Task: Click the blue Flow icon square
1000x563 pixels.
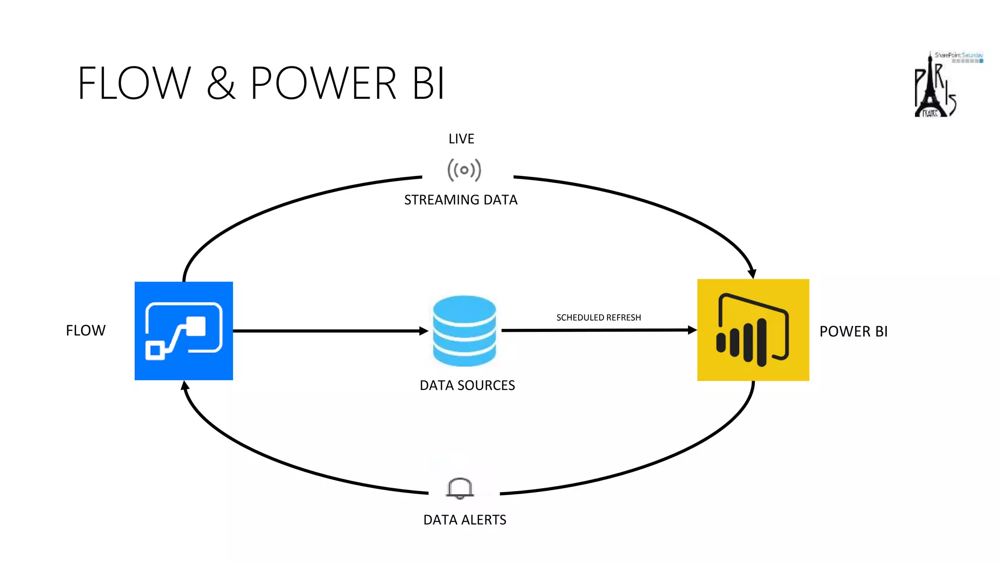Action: point(184,331)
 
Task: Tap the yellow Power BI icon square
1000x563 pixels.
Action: point(753,330)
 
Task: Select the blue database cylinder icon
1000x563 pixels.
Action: point(464,331)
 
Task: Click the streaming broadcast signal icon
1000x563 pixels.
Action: point(464,170)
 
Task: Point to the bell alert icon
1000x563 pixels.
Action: point(460,488)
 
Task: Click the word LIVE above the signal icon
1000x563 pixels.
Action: point(461,139)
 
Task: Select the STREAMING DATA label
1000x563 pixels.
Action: point(460,200)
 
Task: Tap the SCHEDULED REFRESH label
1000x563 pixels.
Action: point(599,318)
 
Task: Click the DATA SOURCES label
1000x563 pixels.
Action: point(467,386)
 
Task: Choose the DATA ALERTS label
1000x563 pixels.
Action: point(465,520)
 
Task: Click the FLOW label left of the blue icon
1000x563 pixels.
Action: point(86,331)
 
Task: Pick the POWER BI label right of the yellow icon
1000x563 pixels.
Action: point(854,332)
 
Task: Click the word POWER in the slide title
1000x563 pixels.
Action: point(323,84)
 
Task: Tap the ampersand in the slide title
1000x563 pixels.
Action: point(221,84)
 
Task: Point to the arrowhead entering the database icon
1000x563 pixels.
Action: point(424,331)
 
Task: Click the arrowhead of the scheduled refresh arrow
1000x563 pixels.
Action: point(692,330)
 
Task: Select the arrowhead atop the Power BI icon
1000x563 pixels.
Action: point(752,274)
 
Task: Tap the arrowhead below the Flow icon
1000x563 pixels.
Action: point(185,386)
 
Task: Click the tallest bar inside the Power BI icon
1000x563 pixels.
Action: point(762,342)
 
